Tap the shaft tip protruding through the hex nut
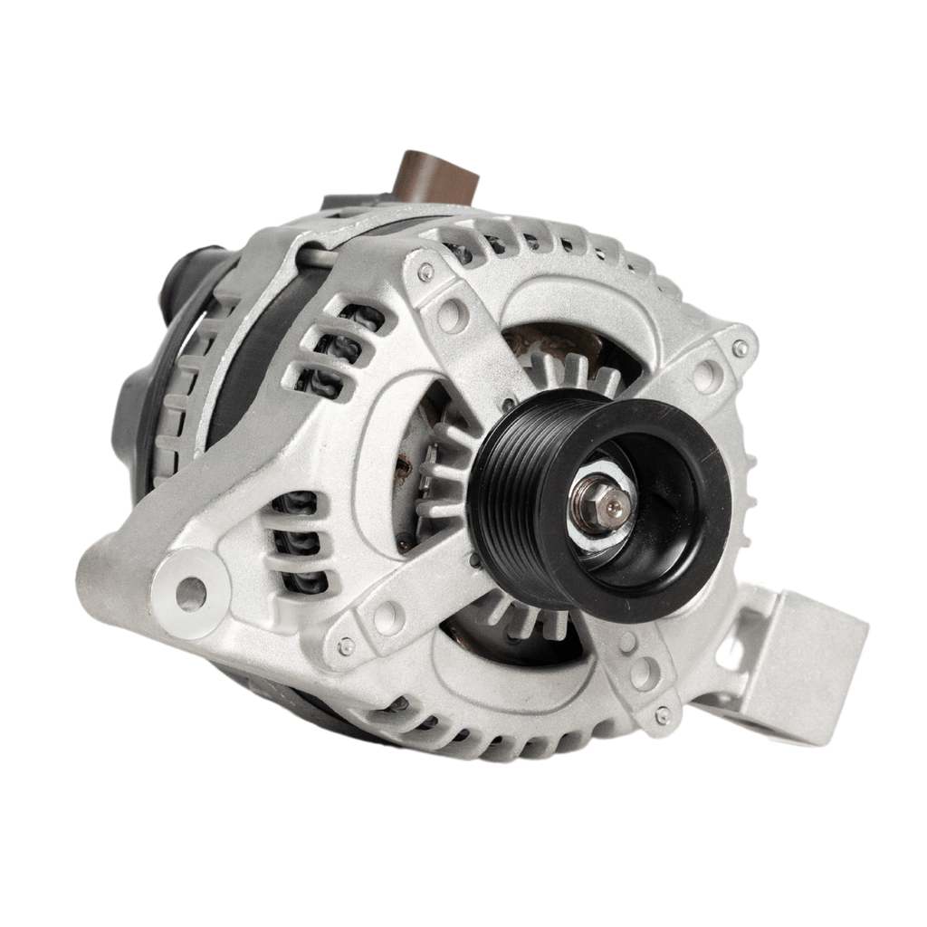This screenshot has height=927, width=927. tap(615, 506)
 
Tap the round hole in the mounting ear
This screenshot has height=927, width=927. tap(191, 594)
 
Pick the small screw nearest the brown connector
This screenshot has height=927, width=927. tap(425, 270)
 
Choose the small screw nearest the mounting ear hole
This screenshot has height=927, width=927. tap(345, 645)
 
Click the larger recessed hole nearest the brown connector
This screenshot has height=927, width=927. tap(451, 315)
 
